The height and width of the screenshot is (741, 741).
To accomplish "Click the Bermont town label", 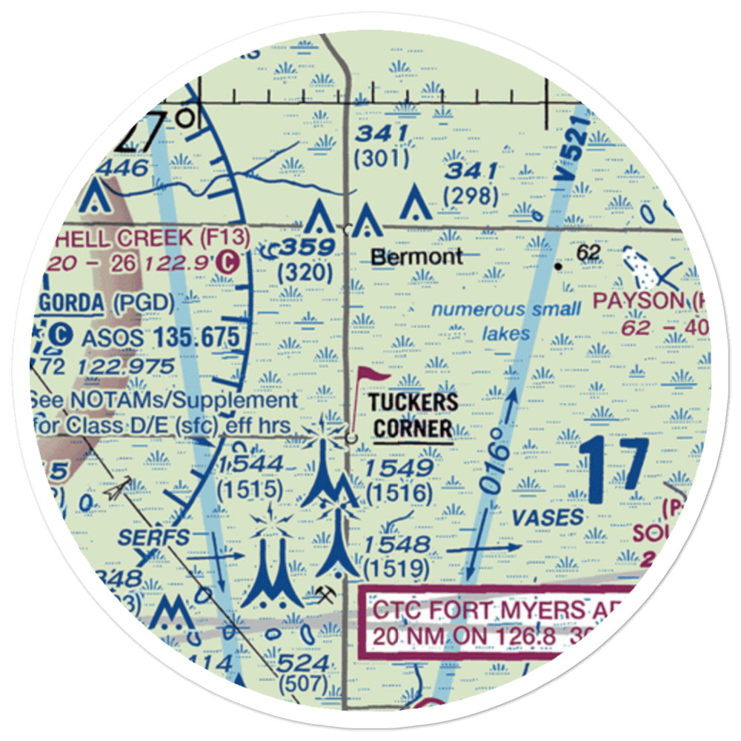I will point(416,257).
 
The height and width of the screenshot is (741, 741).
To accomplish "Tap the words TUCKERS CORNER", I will point(413,416).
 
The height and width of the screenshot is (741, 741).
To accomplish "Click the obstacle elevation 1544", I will point(251,465).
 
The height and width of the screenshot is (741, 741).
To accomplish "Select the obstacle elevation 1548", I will point(397,545).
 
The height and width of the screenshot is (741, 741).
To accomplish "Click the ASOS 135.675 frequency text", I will point(159,338).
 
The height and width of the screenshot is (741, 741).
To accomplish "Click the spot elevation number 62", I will point(588,253).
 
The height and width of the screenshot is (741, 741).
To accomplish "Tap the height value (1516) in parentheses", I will point(399,493).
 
